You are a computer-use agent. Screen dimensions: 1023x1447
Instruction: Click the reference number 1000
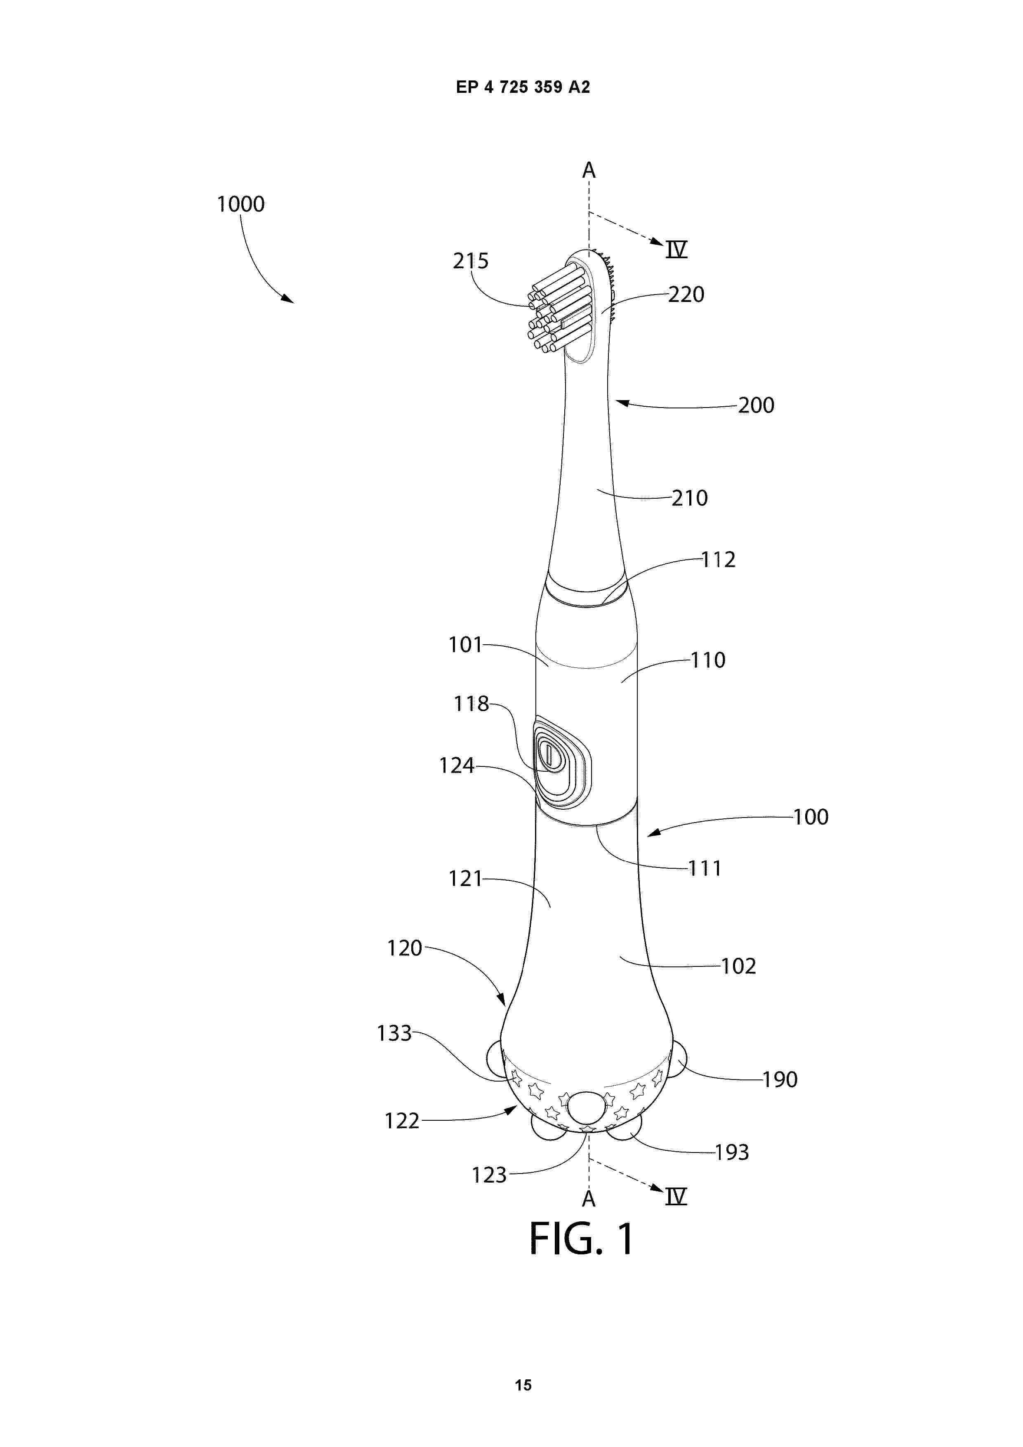pos(241,204)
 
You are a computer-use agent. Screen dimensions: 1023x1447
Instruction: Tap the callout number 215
pos(470,261)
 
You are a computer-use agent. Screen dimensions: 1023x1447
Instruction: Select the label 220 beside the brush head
pos(686,295)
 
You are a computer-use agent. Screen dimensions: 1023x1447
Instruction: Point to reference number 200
pos(757,405)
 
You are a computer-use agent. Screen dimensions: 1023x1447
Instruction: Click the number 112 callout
pos(719,560)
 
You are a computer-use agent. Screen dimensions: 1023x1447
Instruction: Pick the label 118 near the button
pos(471,704)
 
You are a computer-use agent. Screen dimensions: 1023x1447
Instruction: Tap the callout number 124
pos(456,766)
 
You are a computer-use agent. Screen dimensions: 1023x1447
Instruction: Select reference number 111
pos(705,868)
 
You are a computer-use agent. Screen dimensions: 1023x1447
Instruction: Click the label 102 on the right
pos(738,966)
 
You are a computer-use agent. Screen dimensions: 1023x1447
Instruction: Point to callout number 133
pos(394,1034)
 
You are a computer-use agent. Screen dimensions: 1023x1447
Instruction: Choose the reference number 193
pos(731,1152)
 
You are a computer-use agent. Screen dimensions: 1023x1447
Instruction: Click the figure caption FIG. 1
pos(581,1238)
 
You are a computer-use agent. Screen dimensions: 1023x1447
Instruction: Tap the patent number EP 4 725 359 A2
pos(523,87)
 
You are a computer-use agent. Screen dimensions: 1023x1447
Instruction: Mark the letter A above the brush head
pos(589,170)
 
